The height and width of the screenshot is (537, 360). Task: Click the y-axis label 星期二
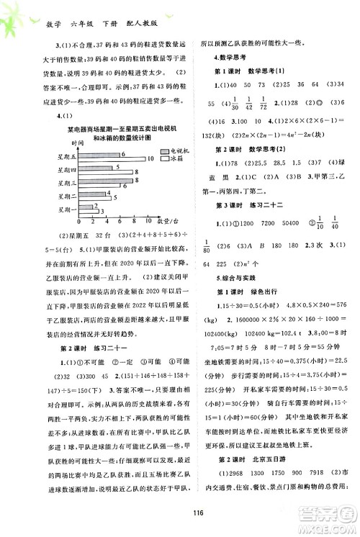point(64,198)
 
